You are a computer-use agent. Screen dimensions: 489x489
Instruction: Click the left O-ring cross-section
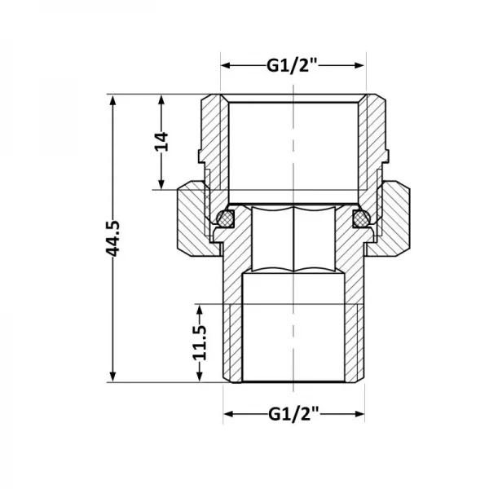click(227, 218)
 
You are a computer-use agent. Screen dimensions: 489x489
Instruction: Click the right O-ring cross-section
click(359, 218)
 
